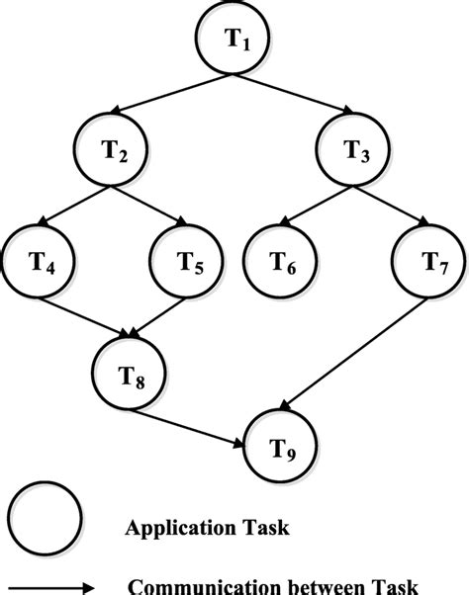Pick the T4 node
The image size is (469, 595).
pos(41,263)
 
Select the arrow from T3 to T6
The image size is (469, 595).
pos(316,206)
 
